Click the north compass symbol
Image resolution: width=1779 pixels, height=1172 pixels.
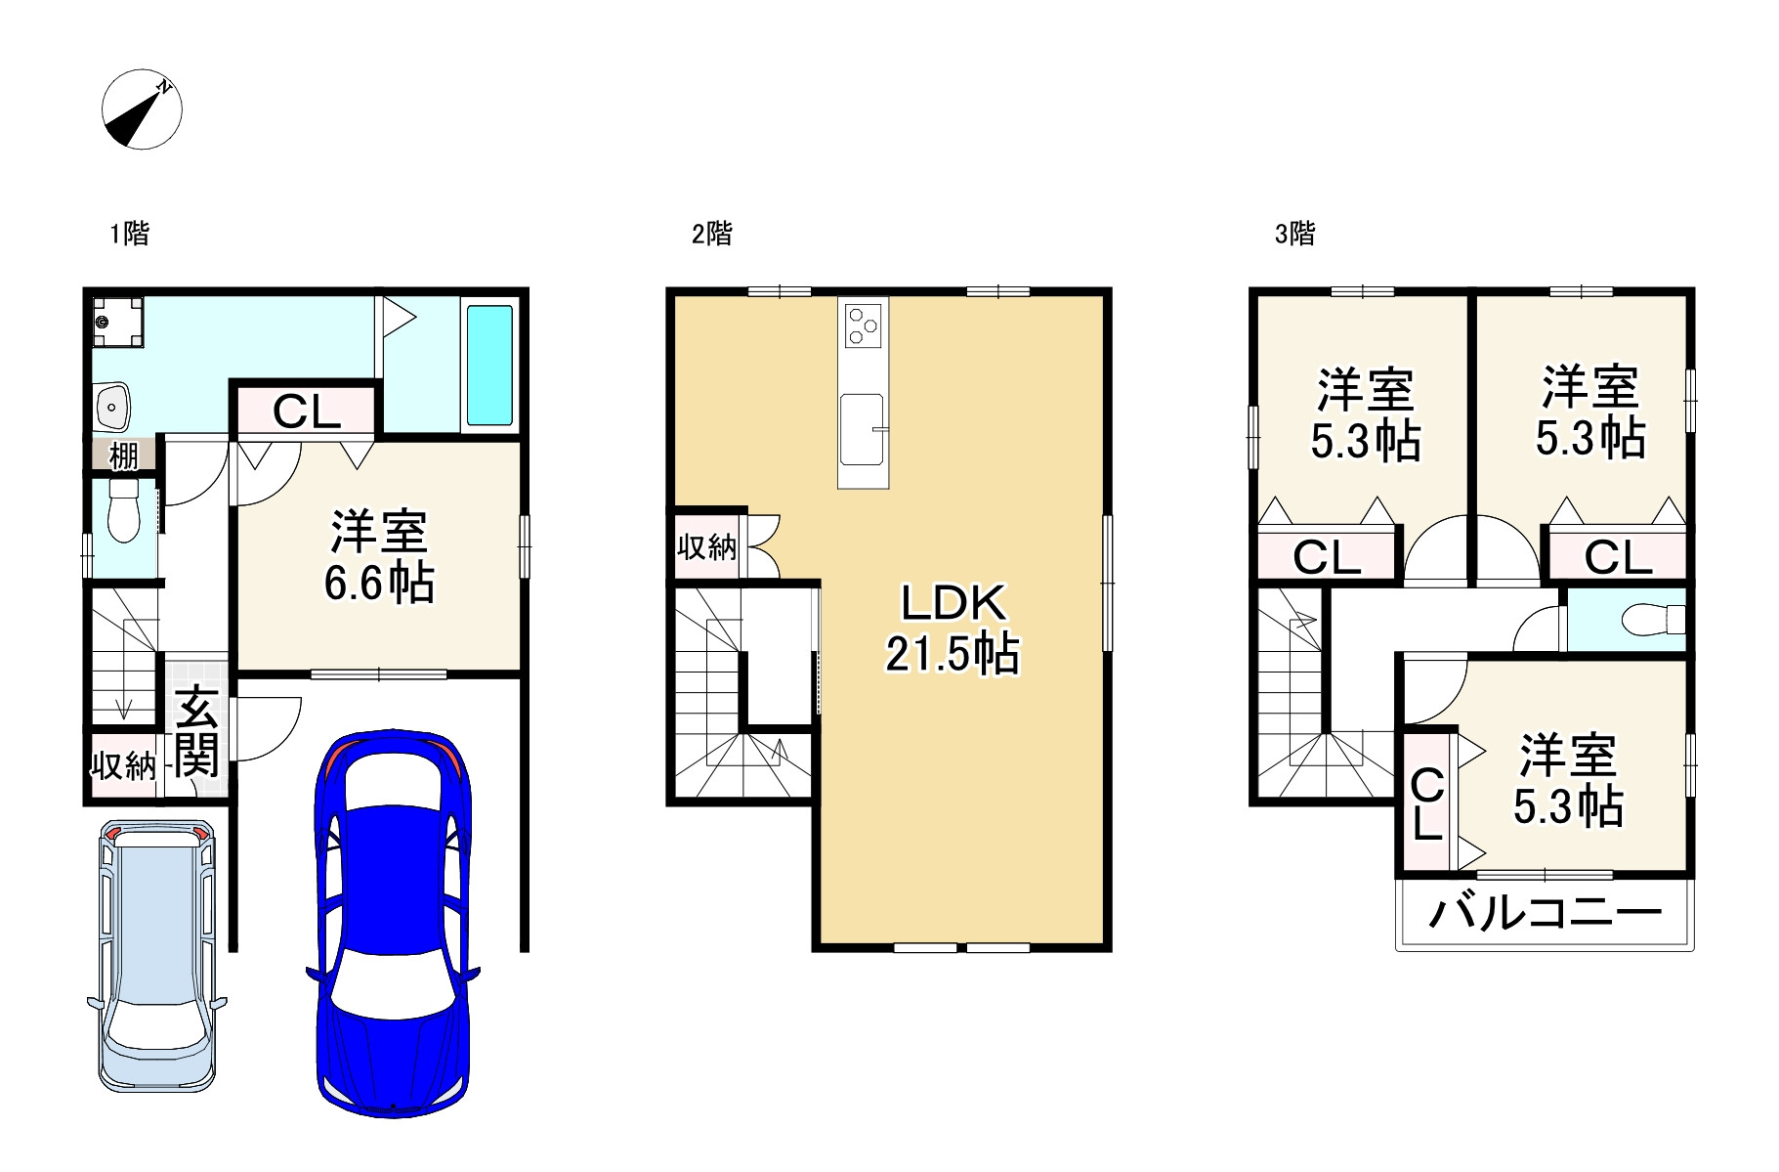[143, 109]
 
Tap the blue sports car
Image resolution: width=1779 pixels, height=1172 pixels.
[393, 924]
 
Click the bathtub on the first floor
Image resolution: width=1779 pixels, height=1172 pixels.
[489, 365]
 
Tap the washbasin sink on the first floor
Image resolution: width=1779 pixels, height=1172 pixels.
[113, 406]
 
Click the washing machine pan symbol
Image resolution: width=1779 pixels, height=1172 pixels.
[117, 321]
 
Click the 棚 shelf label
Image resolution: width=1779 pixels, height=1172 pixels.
[124, 456]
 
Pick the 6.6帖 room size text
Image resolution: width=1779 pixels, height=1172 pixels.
[379, 584]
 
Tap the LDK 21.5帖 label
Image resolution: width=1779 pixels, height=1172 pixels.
[953, 629]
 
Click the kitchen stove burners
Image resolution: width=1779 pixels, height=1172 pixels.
[864, 325]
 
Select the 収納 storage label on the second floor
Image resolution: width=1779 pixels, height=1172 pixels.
[706, 546]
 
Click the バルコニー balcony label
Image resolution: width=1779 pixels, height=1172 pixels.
[1545, 913]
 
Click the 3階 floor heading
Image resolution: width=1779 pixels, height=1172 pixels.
[1294, 234]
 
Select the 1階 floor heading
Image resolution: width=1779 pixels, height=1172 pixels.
[129, 234]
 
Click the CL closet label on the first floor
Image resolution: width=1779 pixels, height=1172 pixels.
[306, 412]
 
